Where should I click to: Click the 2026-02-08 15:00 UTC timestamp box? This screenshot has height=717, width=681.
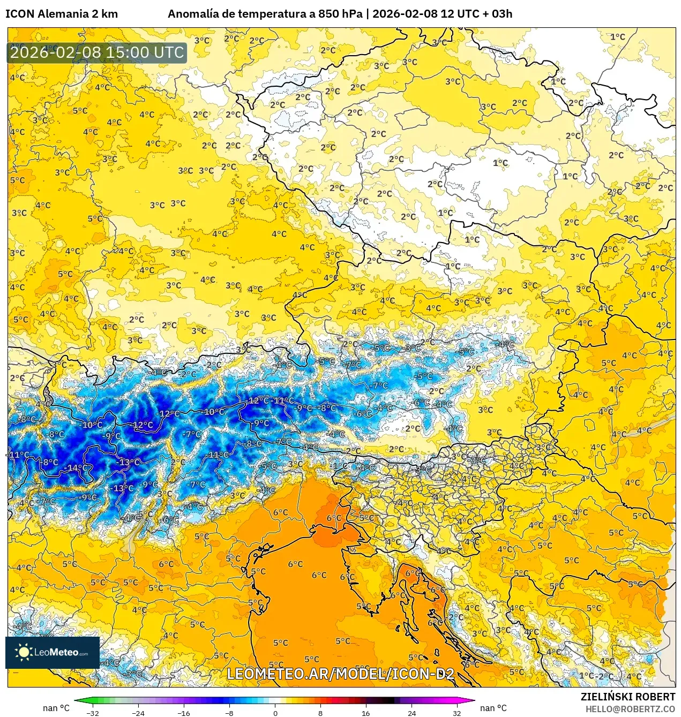[x=97, y=52]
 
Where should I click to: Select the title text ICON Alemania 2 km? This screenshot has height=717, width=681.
[x=61, y=14]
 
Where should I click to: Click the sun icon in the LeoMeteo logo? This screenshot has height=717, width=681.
[x=24, y=652]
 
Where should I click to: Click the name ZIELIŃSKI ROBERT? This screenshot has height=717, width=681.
[x=628, y=697]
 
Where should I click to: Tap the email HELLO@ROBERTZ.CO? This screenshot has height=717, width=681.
[x=630, y=708]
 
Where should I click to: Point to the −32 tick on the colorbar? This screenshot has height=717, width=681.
[x=93, y=713]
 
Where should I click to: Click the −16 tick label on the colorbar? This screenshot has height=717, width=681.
[x=184, y=713]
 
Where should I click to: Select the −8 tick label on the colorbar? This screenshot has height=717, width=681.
[x=229, y=713]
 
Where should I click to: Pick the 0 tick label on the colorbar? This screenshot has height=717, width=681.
[x=275, y=713]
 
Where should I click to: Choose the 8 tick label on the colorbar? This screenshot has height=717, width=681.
[x=320, y=713]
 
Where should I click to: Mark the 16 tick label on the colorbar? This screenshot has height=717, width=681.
[x=366, y=713]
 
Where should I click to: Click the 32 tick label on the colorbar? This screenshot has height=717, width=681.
[x=457, y=713]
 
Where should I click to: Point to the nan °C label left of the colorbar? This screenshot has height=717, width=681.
[x=56, y=708]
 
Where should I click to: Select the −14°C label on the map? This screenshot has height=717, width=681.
[x=77, y=467]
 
